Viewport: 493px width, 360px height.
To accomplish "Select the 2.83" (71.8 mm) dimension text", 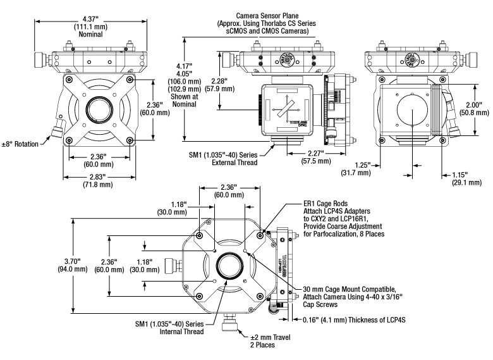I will coord(94,181).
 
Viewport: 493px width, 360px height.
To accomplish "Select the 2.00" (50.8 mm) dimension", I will coord(475,109).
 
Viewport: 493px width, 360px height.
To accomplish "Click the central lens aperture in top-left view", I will coord(98,107).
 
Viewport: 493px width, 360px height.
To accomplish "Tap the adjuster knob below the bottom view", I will coord(229,327).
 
